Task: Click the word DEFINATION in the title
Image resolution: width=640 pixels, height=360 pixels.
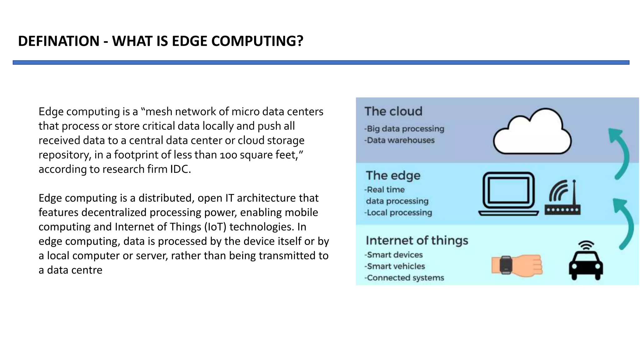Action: point(59,41)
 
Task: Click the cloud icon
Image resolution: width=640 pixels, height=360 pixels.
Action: point(532,132)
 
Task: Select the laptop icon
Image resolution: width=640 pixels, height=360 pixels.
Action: point(508,194)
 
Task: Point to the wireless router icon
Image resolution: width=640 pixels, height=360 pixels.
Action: point(563,198)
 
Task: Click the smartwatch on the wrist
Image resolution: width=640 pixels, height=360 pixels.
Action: point(506,265)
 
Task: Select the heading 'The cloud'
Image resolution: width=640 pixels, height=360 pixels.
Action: point(393,112)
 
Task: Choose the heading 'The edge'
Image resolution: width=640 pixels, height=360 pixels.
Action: point(393,176)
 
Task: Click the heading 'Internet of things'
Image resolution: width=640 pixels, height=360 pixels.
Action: point(417,241)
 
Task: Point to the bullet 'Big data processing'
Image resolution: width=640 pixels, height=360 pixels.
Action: point(405,129)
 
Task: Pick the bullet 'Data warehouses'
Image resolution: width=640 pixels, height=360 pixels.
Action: point(400,140)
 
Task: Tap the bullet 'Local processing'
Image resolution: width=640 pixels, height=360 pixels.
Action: point(399,213)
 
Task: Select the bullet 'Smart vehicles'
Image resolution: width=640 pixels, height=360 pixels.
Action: point(396,266)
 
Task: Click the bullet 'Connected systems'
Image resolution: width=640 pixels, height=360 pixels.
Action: point(405,278)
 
